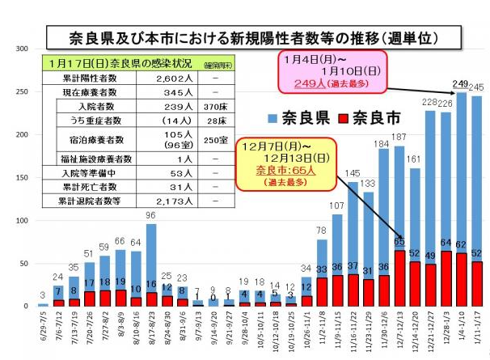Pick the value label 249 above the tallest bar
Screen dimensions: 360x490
click(x=461, y=84)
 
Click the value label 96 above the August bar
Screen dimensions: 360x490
click(x=150, y=216)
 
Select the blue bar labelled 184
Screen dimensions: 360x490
click(x=382, y=210)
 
